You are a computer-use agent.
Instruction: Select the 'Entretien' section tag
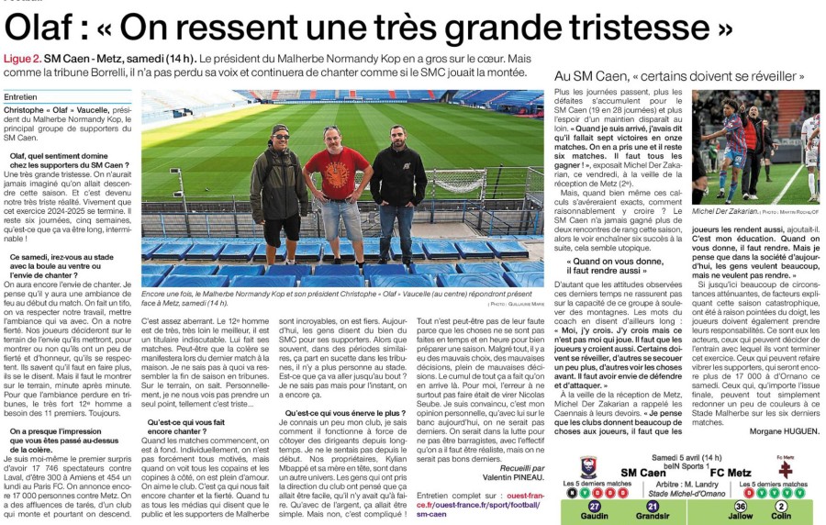pos(20,95)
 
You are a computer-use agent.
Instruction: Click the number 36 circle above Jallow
pos(740,506)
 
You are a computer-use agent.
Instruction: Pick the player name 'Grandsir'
pos(653,517)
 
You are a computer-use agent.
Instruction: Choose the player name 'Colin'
pos(782,517)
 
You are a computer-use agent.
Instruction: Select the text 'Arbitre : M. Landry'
pos(686,485)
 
